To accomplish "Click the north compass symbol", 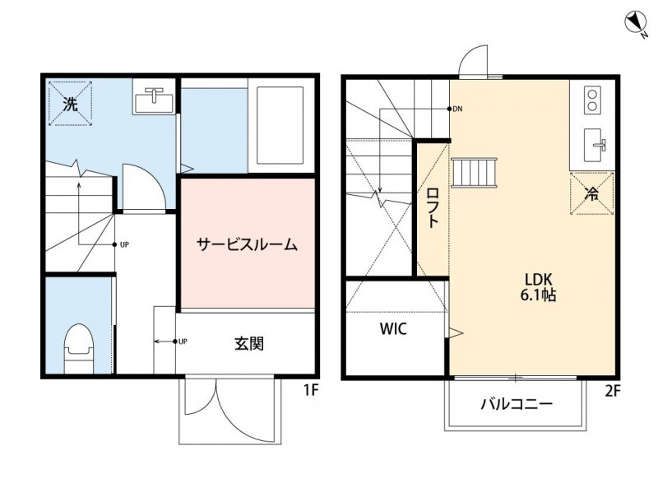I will pyautogui.click(x=636, y=23).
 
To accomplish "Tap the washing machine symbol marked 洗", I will pyautogui.click(x=70, y=104).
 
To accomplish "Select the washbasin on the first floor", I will pyautogui.click(x=153, y=100).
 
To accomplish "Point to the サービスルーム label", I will pyautogui.click(x=246, y=244).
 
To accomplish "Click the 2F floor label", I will pyautogui.click(x=612, y=392).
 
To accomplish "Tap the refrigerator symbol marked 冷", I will pyautogui.click(x=591, y=194).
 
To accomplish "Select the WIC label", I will pyautogui.click(x=392, y=329).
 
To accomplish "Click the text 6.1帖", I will pyautogui.click(x=539, y=295).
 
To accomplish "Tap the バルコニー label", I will pyautogui.click(x=516, y=404).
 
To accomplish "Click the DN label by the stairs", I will pyautogui.click(x=459, y=109).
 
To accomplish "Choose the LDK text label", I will pyautogui.click(x=538, y=276).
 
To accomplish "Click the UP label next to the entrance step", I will pyautogui.click(x=183, y=341).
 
